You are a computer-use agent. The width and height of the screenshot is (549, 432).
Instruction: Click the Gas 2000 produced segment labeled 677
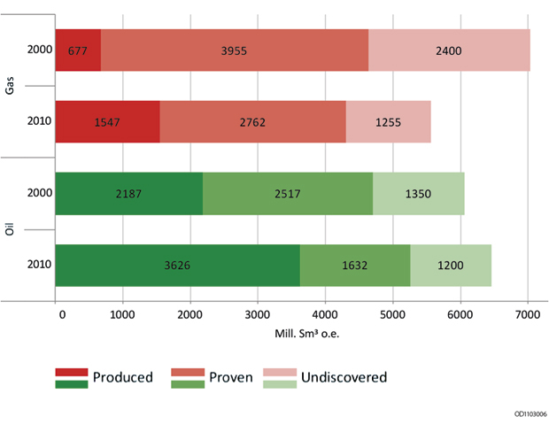[79, 50]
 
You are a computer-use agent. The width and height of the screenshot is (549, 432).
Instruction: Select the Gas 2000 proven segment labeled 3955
[235, 50]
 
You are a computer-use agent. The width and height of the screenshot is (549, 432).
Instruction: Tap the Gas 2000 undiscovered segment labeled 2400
[449, 50]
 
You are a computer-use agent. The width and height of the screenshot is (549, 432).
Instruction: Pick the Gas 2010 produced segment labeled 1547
[108, 121]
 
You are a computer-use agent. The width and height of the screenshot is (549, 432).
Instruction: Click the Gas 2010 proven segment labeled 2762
[253, 121]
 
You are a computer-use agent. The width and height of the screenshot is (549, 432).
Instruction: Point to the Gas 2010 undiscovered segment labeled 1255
[388, 121]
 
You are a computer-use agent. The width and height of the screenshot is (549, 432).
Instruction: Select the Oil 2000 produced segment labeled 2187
[129, 193]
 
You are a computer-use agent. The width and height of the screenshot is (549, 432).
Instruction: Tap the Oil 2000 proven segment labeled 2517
[288, 193]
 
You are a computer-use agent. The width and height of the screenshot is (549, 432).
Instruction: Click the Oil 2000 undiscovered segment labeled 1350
[418, 193]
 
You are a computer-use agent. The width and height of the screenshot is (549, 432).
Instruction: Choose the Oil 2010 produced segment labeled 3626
[178, 265]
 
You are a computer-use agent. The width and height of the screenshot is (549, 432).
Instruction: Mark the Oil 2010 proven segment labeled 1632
[355, 265]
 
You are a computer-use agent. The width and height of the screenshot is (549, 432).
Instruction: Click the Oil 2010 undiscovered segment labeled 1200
[451, 265]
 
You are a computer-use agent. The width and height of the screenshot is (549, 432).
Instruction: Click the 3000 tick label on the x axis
[258, 312]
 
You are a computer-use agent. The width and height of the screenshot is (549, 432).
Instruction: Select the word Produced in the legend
[123, 377]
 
